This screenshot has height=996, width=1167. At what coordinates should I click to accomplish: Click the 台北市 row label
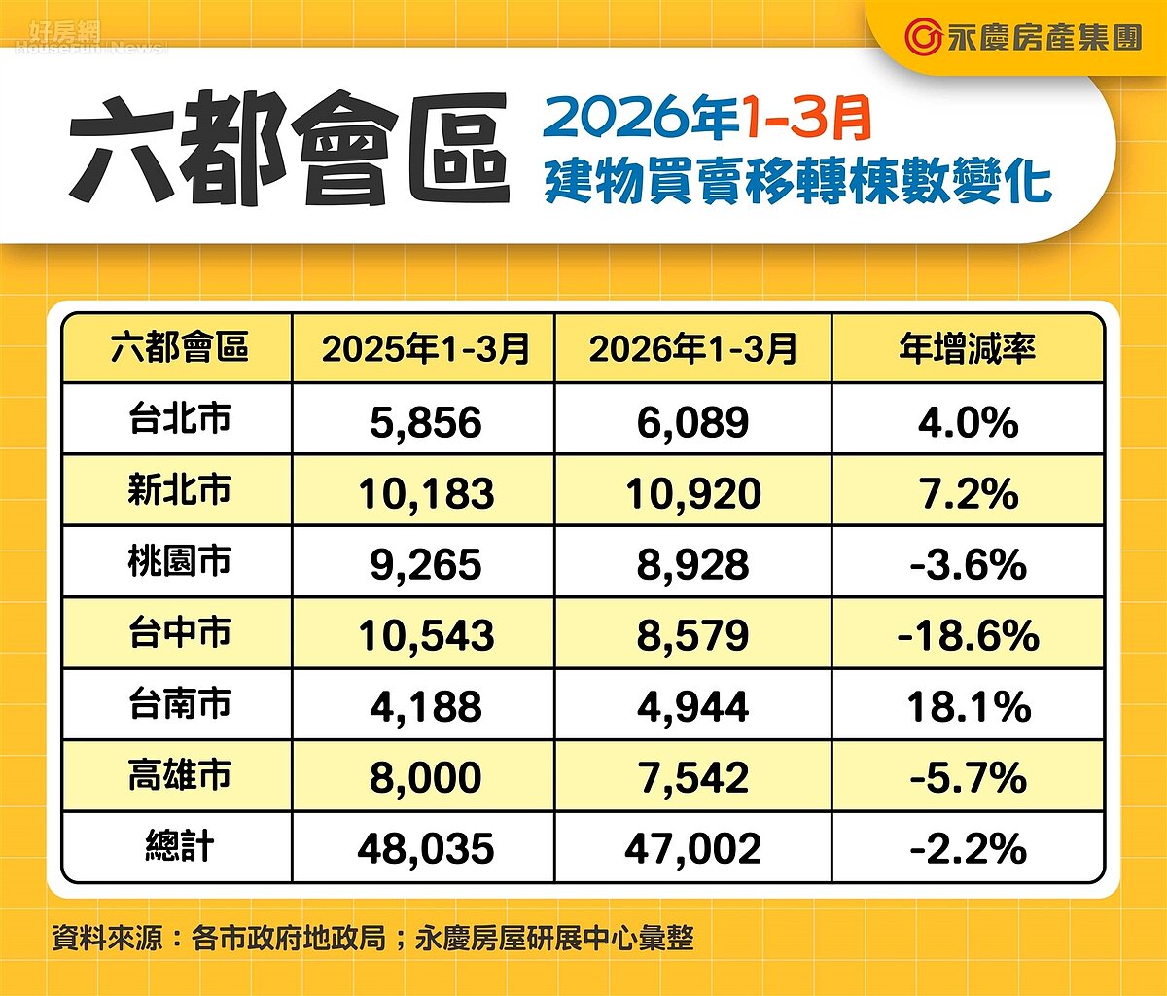(x=179, y=418)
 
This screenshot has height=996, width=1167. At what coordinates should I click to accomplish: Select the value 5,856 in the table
(x=425, y=422)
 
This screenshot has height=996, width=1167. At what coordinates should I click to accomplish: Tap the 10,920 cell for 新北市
(x=692, y=493)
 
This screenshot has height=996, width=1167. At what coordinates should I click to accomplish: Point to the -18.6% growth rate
(x=968, y=636)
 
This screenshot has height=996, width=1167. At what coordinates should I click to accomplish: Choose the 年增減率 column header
(x=968, y=348)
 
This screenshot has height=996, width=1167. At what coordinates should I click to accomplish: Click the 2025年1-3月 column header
(x=425, y=348)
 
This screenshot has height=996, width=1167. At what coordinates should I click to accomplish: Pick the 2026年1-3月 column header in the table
(x=692, y=348)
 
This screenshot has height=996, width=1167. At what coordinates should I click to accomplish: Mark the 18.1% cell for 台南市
(x=968, y=707)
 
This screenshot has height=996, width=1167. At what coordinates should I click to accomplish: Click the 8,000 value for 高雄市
(x=425, y=778)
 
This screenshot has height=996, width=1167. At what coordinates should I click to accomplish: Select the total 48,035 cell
(x=425, y=849)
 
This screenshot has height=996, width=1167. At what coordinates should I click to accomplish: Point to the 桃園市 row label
(x=179, y=561)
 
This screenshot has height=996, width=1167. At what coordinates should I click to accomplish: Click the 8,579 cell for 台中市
(x=692, y=636)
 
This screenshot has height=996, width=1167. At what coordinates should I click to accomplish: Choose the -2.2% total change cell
(x=968, y=849)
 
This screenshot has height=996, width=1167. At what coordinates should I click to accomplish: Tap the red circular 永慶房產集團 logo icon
(x=922, y=37)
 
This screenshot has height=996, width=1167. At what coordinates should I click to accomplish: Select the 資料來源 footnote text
(x=372, y=939)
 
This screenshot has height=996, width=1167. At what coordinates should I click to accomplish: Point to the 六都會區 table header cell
(x=179, y=347)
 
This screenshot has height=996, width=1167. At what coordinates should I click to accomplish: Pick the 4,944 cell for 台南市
(x=692, y=707)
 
